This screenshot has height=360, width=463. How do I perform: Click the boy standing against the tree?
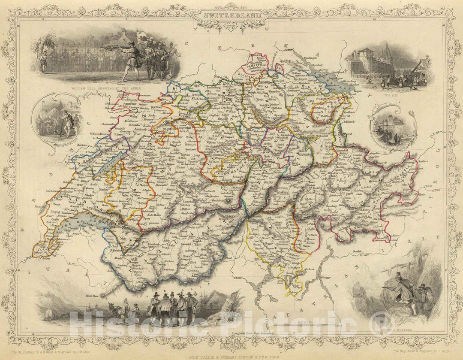click(42, 60)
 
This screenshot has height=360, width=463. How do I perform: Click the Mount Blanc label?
click(94, 296)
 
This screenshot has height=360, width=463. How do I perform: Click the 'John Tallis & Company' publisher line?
click(231, 356)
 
